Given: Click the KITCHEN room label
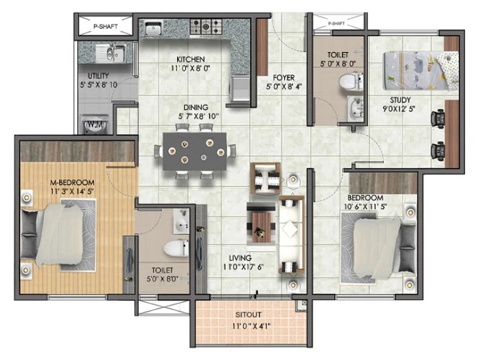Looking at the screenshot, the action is click(x=190, y=59).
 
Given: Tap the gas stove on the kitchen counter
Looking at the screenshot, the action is click(x=206, y=27).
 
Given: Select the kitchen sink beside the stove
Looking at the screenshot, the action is click(x=153, y=27).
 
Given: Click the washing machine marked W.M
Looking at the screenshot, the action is click(x=95, y=125).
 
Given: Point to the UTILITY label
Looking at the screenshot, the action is click(x=98, y=76).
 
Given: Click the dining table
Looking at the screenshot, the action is click(x=194, y=152).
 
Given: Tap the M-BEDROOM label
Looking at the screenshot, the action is click(x=72, y=182).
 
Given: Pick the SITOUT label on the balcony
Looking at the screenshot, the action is click(x=248, y=314).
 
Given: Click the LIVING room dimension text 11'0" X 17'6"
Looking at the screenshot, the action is click(x=244, y=267).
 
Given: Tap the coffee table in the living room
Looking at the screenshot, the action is click(x=261, y=223).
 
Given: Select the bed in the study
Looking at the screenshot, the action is click(x=421, y=71).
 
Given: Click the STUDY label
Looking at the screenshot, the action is click(x=401, y=100).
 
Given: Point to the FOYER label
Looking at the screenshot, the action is click(x=283, y=77).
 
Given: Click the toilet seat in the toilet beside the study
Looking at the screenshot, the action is click(x=351, y=82).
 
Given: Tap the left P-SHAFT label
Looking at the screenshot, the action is click(x=106, y=27).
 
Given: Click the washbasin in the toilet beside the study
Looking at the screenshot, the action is click(x=355, y=108).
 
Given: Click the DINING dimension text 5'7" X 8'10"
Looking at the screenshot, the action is click(x=199, y=116).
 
